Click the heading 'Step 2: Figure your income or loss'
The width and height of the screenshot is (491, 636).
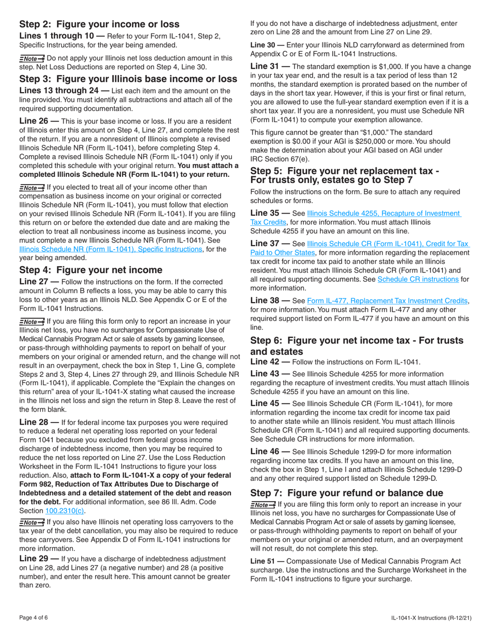(99, 24)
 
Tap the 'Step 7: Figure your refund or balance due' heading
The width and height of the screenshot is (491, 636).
(346, 493)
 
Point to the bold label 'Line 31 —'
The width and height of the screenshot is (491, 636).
(270, 67)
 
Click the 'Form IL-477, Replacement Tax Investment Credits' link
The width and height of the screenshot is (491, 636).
(388, 300)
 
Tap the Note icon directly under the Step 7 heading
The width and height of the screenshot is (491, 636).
(263, 505)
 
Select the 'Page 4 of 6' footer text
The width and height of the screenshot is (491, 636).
(36, 617)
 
